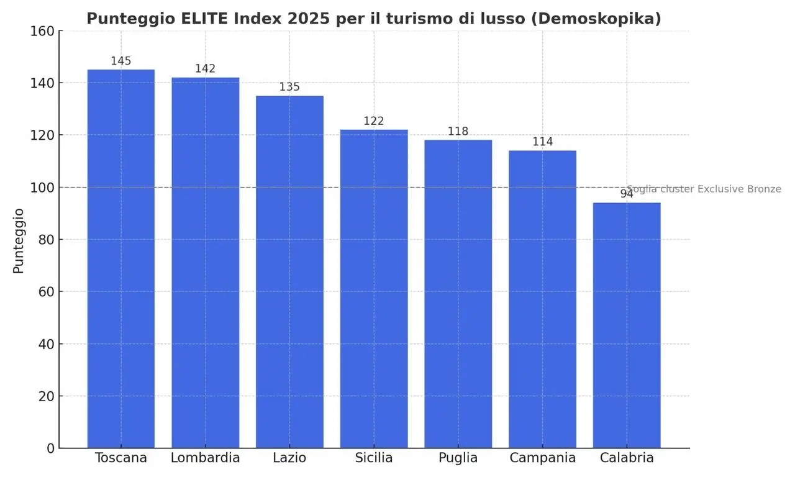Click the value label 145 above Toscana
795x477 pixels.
tap(121, 61)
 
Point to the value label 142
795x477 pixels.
tap(205, 69)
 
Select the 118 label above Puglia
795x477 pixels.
tap(458, 131)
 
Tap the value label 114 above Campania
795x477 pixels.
tap(542, 142)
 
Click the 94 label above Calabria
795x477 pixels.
tap(627, 194)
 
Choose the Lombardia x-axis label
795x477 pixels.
tap(205, 458)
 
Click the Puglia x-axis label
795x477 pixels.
tap(458, 458)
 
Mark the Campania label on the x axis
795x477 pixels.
tap(542, 458)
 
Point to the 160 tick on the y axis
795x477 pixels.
tap(42, 31)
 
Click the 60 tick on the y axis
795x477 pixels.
tap(46, 292)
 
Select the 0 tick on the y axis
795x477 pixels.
tap(50, 448)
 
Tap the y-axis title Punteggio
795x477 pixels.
tap(19, 240)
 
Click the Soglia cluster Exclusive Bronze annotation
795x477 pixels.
tap(704, 189)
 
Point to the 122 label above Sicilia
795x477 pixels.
tap(374, 121)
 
